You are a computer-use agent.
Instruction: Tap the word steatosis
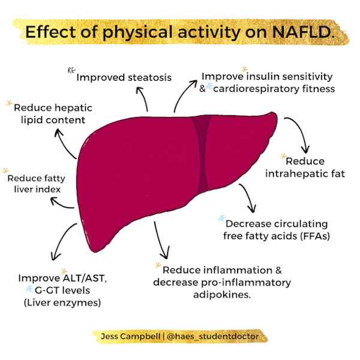coord(147,77)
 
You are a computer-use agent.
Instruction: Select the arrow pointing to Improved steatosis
coord(143,99)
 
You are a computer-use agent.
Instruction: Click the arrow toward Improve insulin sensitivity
coord(183,97)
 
